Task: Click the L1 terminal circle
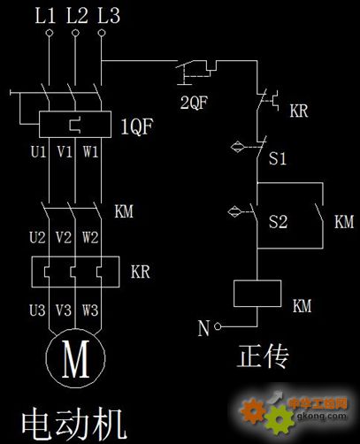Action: tap(50, 33)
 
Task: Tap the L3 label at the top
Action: tap(109, 15)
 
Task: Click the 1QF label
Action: tap(137, 126)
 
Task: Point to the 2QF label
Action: tap(194, 103)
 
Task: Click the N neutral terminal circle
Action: tap(218, 326)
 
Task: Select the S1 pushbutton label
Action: tap(278, 157)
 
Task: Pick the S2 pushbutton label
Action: tap(278, 221)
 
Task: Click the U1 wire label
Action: tap(39, 151)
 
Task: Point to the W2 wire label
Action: tap(90, 237)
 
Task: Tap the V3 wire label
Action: tap(64, 310)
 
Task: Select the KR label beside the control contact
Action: tap(299, 111)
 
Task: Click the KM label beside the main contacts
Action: tap(124, 211)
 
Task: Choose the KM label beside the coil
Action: tap(302, 306)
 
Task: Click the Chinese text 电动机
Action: tap(73, 425)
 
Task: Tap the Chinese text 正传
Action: tap(263, 356)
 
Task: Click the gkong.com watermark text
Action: tap(321, 417)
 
